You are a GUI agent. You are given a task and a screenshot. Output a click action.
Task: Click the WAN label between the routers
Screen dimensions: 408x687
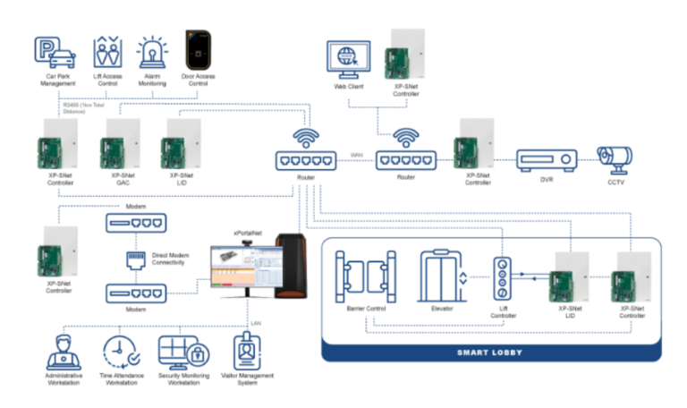pos(356,155)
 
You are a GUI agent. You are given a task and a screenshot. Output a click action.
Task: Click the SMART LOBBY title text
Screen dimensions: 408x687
pos(490,352)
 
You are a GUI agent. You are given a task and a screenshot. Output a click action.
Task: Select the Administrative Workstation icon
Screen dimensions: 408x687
pos(64,352)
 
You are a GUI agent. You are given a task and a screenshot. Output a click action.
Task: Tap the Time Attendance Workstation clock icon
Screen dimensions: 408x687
pos(118,352)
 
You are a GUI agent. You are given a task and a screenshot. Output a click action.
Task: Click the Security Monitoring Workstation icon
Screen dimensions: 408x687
pos(182,352)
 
